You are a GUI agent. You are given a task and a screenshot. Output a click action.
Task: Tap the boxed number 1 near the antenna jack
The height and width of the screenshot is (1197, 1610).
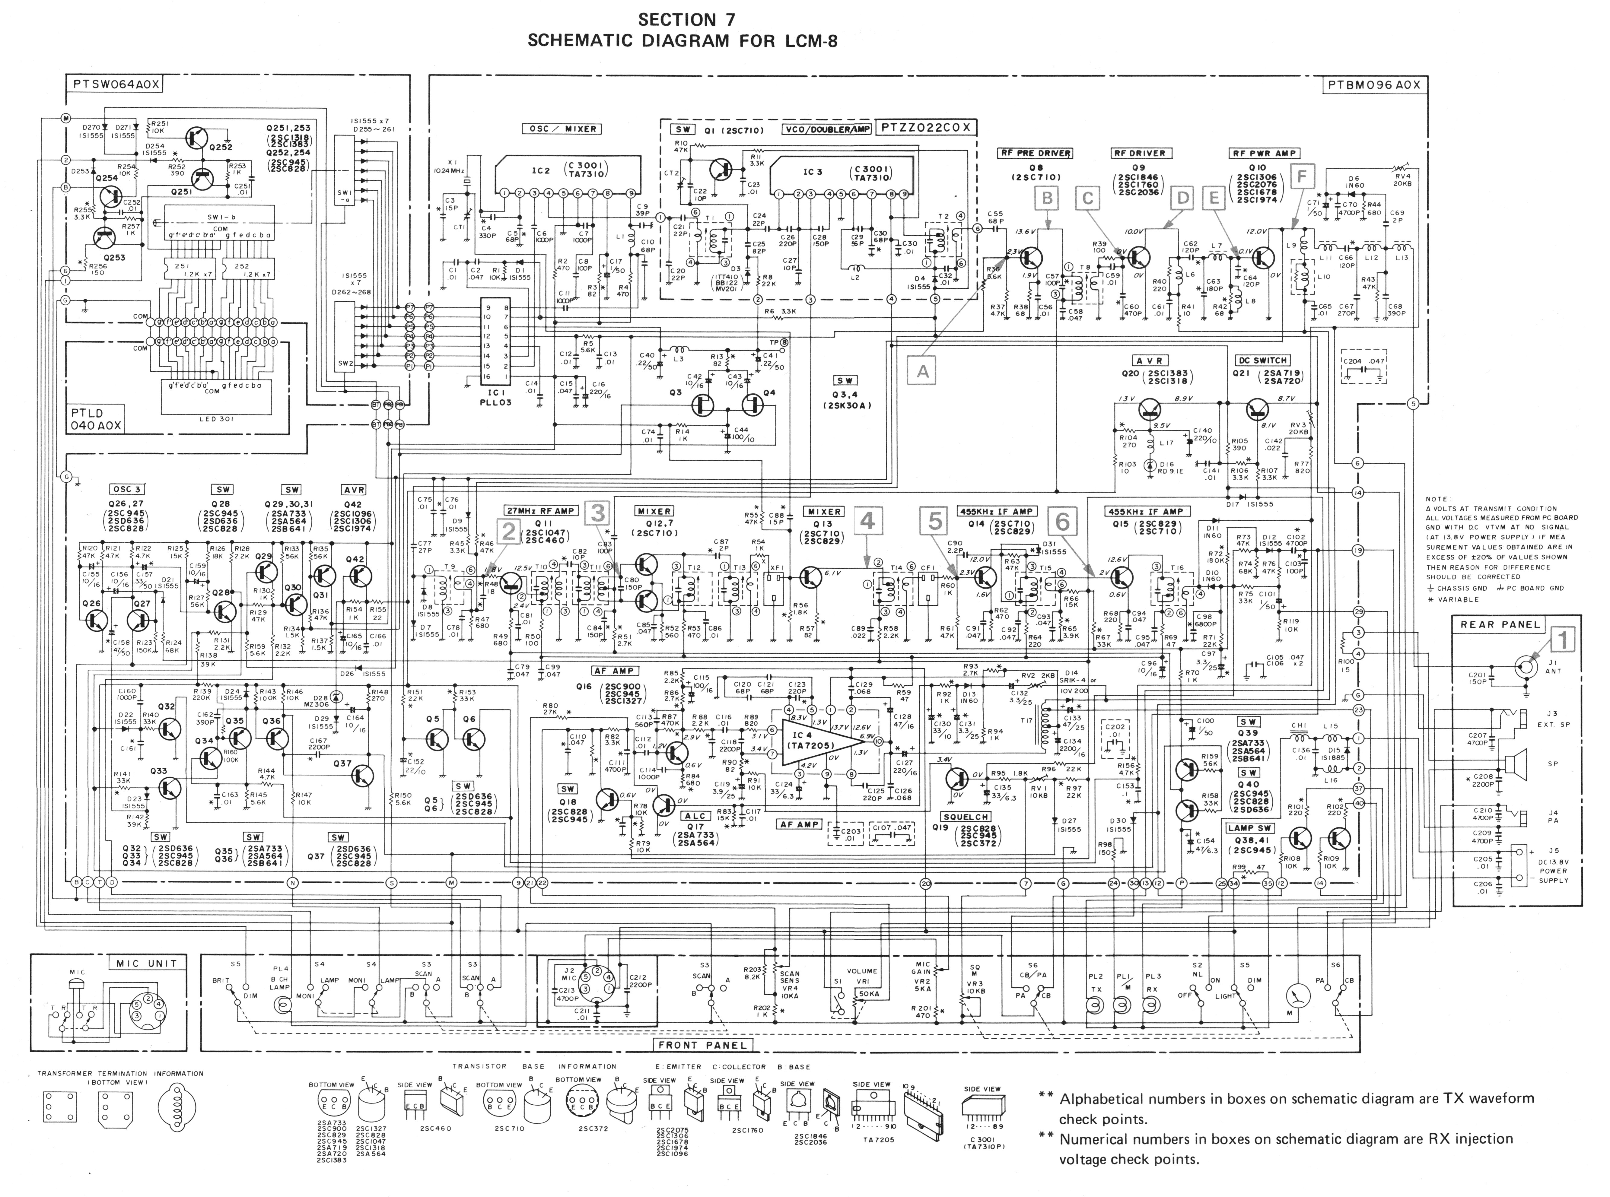tap(1563, 640)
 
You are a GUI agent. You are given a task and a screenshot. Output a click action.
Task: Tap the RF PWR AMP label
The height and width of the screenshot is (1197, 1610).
tap(1265, 153)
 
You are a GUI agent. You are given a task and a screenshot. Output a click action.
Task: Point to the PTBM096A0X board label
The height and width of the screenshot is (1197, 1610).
tap(1373, 85)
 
